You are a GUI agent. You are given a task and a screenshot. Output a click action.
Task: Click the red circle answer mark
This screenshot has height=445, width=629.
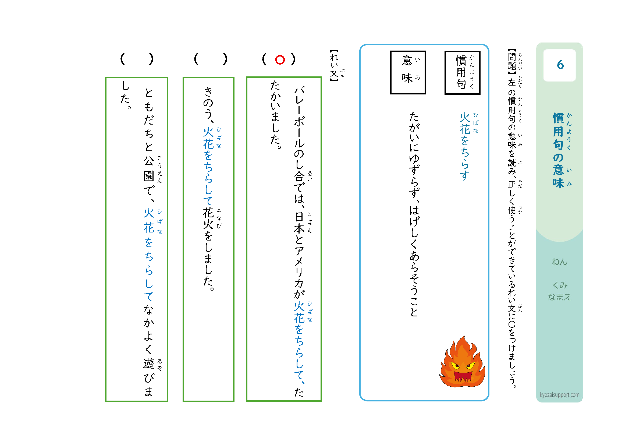pyautogui.click(x=280, y=60)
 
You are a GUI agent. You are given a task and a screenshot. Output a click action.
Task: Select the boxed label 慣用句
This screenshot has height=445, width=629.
pyautogui.click(x=462, y=73)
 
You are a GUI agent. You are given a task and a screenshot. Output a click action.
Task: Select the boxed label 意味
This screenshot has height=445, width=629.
pyautogui.click(x=408, y=72)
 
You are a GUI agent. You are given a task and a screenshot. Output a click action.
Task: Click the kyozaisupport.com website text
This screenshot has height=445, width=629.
pyautogui.click(x=559, y=395)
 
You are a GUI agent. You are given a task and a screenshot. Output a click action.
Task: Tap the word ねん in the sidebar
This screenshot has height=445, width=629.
pyautogui.click(x=559, y=262)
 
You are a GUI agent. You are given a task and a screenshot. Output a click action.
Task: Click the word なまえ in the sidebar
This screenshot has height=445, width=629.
pyautogui.click(x=559, y=297)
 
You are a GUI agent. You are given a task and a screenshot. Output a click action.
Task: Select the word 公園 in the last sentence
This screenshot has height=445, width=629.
pyautogui.click(x=149, y=169)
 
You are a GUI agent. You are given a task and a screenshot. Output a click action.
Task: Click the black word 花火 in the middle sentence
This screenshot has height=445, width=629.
pyautogui.click(x=208, y=219)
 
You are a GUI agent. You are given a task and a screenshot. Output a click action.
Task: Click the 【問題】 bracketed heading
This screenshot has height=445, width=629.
pyautogui.click(x=511, y=62)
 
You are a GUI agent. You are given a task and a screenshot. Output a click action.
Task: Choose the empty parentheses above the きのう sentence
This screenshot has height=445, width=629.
pyautogui.click(x=210, y=59)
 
